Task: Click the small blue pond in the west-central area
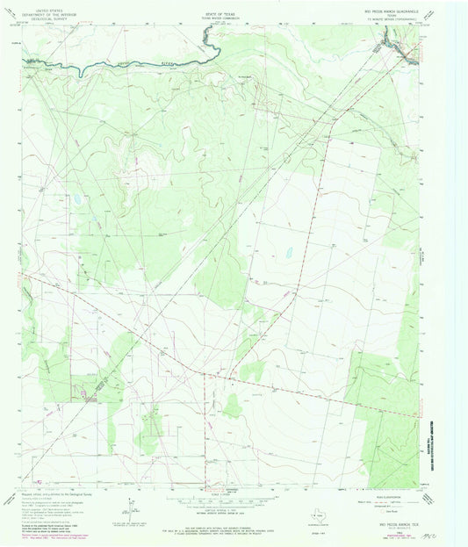pos(77,198)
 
